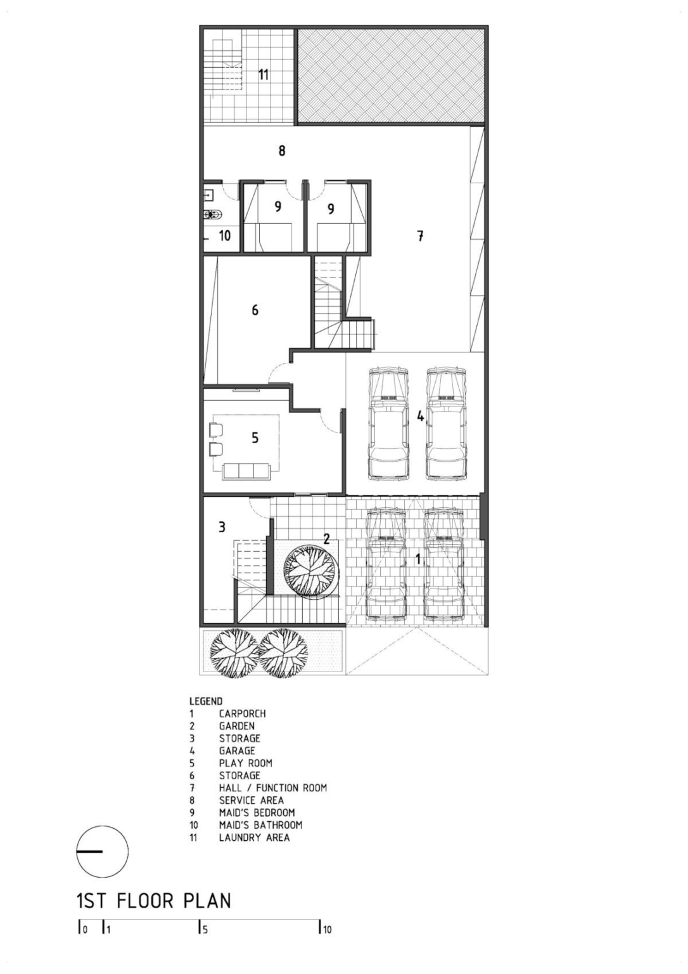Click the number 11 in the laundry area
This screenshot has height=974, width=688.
[263, 74]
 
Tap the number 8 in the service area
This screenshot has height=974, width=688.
[282, 150]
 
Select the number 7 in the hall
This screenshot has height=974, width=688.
[420, 236]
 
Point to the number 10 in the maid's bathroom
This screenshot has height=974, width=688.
[224, 236]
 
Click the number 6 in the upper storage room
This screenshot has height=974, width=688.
[255, 310]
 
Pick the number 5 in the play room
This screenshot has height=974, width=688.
[255, 438]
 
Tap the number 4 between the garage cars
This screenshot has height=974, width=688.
[420, 416]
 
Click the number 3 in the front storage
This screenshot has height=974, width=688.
[222, 528]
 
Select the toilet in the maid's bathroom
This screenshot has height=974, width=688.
[213, 214]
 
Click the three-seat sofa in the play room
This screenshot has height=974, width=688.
[246, 471]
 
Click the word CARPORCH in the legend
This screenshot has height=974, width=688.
[243, 713]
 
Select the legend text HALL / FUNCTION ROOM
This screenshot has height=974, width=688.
[273, 788]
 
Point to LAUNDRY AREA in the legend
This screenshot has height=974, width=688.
[254, 837]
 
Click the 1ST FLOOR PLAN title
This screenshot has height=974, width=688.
[153, 900]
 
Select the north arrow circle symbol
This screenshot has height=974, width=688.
[103, 851]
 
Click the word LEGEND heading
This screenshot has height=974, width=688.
[206, 701]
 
